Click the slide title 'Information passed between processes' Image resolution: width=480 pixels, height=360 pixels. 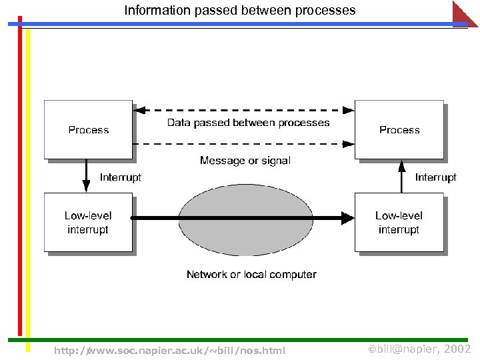click(240, 11)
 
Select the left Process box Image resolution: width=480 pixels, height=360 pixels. click(88, 129)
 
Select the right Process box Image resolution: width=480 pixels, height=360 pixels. click(399, 129)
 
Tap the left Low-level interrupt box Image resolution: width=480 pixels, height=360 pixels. click(88, 223)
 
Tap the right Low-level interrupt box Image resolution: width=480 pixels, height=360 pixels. click(399, 223)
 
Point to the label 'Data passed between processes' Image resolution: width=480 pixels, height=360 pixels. click(248, 123)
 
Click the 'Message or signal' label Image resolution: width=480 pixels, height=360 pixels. click(245, 161)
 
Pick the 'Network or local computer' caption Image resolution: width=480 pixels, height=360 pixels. click(251, 275)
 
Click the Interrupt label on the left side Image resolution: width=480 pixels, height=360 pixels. click(120, 177)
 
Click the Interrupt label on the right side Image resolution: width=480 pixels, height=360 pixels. click(435, 177)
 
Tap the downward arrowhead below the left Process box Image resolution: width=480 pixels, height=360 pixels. click(86, 186)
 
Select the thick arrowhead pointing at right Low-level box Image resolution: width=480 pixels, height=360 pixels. click(347, 217)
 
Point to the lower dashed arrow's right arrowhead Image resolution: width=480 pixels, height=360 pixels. click(347, 143)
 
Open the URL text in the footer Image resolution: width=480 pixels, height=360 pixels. click(169, 350)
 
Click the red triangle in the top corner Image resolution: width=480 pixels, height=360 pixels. click(464, 13)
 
